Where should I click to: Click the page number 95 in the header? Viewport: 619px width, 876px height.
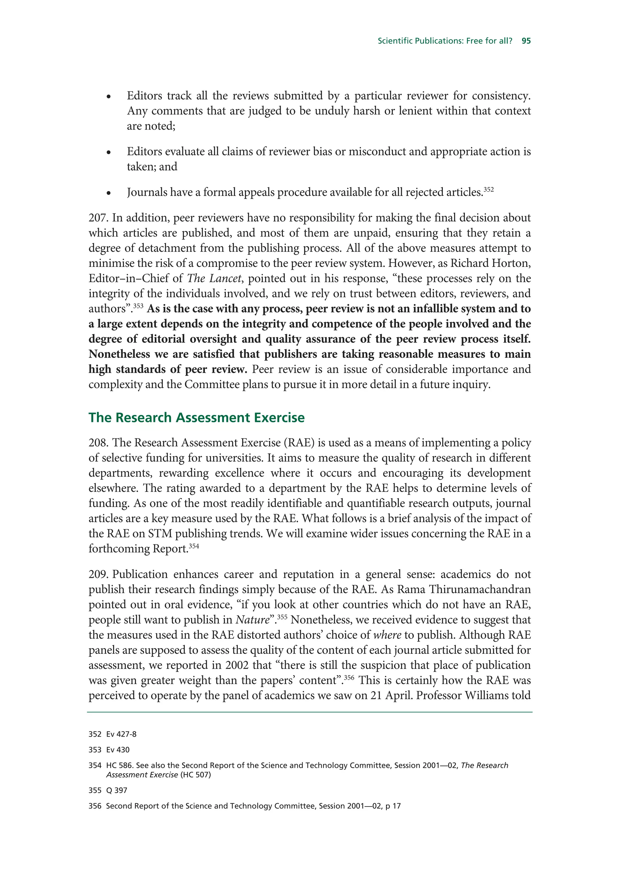tap(526, 41)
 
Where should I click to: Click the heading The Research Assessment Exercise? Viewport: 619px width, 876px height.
tap(196, 418)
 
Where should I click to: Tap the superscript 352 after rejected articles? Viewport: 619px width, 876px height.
tap(488, 189)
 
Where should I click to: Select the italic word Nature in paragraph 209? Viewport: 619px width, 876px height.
tap(252, 620)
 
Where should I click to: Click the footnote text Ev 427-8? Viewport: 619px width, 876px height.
tap(121, 734)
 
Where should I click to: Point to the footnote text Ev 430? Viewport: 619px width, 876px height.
tap(118, 750)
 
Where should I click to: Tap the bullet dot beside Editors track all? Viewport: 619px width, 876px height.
tap(109, 97)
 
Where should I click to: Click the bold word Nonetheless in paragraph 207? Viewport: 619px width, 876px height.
tap(119, 354)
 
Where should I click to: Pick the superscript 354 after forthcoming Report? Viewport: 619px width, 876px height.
tap(194, 546)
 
